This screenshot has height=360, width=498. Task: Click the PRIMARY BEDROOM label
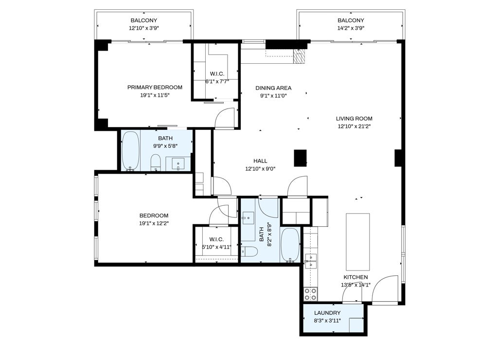coord(155,88)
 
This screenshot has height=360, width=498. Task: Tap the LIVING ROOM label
coord(354,119)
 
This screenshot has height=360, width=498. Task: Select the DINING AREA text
coord(273,88)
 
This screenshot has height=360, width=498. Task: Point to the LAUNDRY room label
coord(327,313)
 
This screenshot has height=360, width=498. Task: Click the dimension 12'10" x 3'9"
coord(144,28)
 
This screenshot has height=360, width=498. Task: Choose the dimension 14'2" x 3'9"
coord(351,28)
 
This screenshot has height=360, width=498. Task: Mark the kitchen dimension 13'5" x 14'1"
coord(356,285)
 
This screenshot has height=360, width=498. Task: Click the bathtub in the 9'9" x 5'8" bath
coord(130,151)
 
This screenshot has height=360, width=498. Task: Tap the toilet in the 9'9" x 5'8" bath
coord(156,162)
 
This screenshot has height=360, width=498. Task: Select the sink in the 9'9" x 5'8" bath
coord(178,163)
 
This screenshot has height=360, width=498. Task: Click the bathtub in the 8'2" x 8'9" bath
coord(290,245)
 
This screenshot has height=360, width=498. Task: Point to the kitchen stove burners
coord(310,294)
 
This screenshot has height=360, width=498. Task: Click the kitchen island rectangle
coord(357,241)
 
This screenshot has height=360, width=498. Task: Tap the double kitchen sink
coord(311,261)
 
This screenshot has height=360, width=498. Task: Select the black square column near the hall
coord(300,158)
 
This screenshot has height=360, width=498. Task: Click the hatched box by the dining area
coord(299,56)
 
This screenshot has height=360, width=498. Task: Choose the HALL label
coord(260,161)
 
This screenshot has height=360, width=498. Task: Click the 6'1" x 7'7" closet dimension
coord(217,81)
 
